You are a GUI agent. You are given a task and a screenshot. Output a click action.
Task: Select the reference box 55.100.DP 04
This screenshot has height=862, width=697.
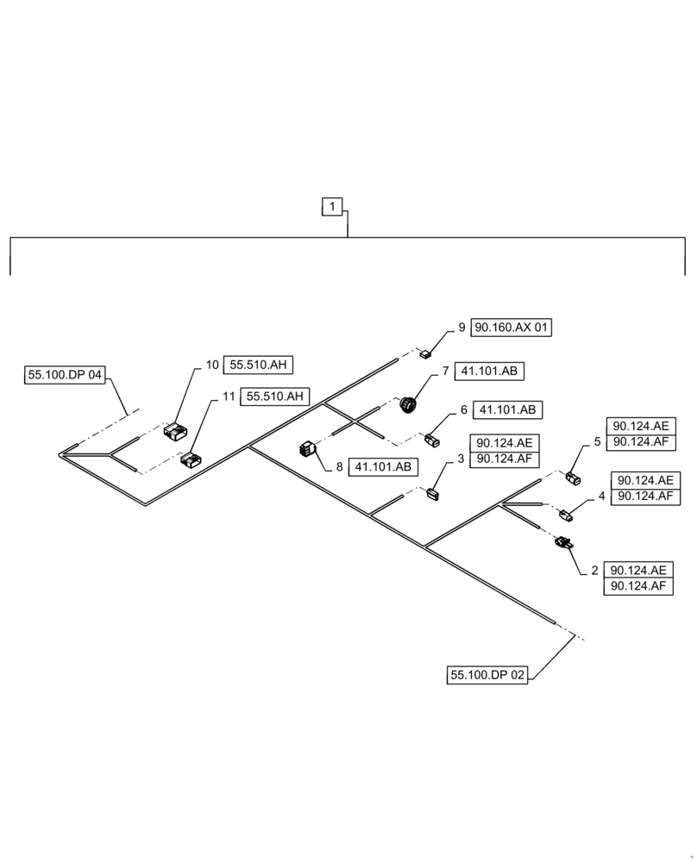tap(66, 375)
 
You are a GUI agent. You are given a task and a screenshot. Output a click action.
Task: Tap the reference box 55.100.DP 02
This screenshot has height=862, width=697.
tap(487, 676)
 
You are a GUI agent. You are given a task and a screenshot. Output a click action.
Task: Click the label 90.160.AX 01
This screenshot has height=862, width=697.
tap(511, 328)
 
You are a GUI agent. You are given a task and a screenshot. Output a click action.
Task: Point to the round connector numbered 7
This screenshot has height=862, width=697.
tap(408, 403)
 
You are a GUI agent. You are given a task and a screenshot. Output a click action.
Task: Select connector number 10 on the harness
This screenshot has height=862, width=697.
tap(175, 431)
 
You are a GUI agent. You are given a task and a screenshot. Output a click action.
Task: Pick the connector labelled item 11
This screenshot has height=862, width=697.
tap(190, 460)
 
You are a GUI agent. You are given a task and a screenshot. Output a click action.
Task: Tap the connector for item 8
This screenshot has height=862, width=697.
tap(308, 448)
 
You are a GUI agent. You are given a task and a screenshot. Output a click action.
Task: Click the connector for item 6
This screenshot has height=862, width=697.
tap(432, 441)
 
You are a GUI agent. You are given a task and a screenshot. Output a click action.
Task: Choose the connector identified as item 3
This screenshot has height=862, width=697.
tap(433, 492)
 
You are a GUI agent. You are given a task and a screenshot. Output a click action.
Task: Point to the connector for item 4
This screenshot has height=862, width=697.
tap(566, 515)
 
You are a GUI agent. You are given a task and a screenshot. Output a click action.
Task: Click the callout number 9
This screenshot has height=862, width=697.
tap(462, 328)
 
